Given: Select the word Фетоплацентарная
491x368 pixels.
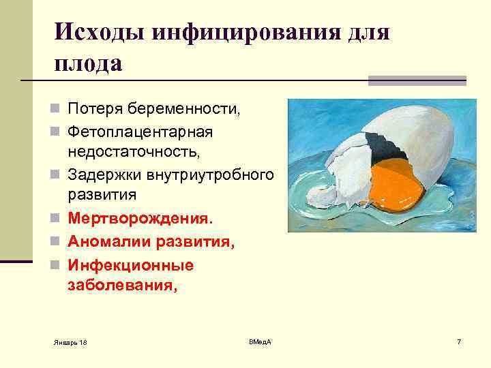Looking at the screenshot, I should (x=140, y=131).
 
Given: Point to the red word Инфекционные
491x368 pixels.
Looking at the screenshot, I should (x=130, y=264).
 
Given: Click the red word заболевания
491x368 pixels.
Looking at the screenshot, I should (x=122, y=286).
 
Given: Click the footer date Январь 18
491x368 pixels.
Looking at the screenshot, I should (x=70, y=341).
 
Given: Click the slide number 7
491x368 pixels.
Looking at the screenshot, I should (x=459, y=341).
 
